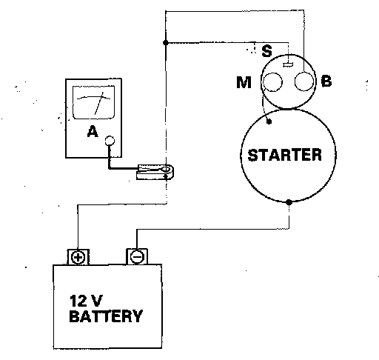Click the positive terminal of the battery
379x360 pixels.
coord(78,257)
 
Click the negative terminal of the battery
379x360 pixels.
coord(137,257)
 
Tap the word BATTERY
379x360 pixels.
coord(106,316)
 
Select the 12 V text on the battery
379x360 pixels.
coord(86,301)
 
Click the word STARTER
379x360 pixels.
coord(284,155)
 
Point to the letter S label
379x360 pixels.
coord(266,51)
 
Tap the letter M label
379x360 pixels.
coord(244,82)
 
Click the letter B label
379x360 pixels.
coord(326,81)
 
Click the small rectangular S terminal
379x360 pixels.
coord(288,64)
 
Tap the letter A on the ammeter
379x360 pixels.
coord(93,131)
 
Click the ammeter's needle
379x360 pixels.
coord(99,103)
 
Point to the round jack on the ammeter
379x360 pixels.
coord(110,141)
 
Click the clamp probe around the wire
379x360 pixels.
coord(155,172)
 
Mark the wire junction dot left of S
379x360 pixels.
coord(166,42)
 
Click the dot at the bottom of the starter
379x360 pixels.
coord(289,202)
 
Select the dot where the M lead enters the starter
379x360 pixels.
coord(269,121)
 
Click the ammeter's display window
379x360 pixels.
coord(93,102)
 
